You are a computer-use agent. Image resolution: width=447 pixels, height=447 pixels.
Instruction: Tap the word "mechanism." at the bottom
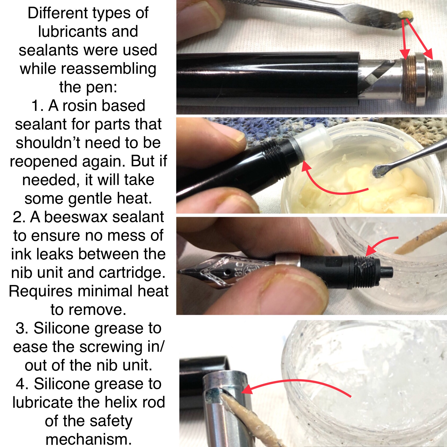point(89,439)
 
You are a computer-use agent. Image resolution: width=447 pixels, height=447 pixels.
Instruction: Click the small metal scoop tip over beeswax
point(380,171)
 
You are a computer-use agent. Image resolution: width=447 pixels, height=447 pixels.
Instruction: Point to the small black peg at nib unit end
point(387,271)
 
